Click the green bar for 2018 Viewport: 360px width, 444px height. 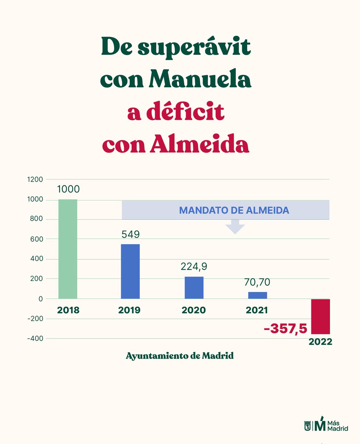coord(68,249)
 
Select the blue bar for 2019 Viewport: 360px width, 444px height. coord(130,271)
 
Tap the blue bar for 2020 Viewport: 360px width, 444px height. coord(194,287)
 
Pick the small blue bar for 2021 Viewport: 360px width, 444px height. coord(257,295)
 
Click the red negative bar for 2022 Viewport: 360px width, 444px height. coord(320,316)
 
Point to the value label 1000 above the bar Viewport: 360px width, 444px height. coord(68,189)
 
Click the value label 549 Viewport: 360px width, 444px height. coord(131,235)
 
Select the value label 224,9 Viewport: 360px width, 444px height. coord(194,266)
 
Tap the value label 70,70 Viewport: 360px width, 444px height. coord(257,282)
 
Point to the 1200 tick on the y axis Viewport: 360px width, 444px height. coord(35,179)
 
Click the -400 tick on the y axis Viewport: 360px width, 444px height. coord(35,339)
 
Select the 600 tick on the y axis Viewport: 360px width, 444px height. coord(37,239)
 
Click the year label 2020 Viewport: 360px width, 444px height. coord(194,310)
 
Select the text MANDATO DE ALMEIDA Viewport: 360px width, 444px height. coord(234,211)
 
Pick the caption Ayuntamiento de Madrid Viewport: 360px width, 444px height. coord(180,356)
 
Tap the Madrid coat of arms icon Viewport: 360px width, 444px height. coord(308,426)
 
